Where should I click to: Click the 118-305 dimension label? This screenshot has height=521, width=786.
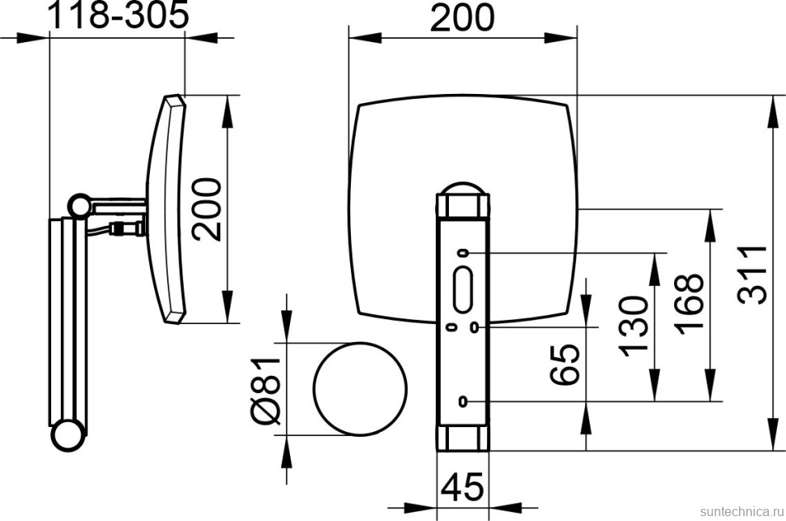(117, 16)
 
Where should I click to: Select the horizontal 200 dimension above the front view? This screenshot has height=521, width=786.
(462, 18)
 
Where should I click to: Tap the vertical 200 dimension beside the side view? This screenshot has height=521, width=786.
(207, 210)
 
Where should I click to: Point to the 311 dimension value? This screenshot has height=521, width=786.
(752, 275)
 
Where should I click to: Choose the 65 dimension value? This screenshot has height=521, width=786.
(565, 365)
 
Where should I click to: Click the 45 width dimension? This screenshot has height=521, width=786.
(463, 486)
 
